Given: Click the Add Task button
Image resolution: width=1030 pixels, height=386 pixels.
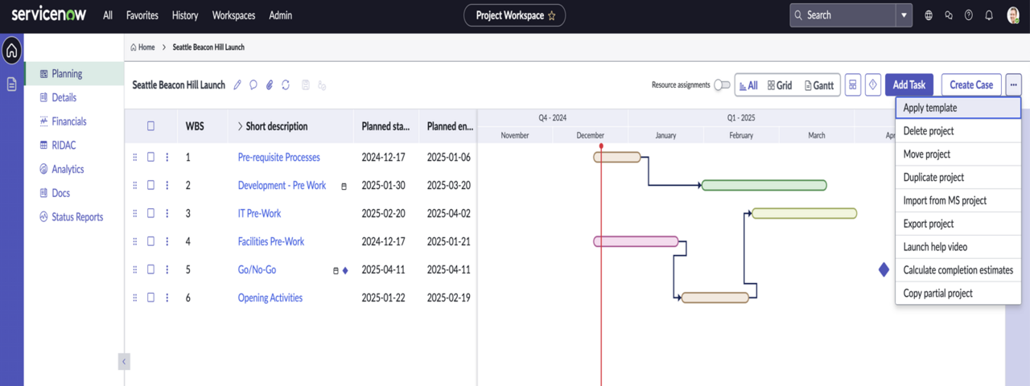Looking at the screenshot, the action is [x=909, y=85].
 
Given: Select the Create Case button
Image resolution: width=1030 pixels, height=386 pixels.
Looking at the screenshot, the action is [x=971, y=85].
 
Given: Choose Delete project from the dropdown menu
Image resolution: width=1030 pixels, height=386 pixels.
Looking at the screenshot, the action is [x=929, y=131].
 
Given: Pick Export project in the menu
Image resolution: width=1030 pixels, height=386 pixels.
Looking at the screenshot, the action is [x=929, y=224].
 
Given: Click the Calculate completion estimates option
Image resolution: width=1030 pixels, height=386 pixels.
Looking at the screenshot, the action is [x=958, y=270].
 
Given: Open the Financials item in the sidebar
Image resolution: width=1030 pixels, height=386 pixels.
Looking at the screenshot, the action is [x=69, y=121].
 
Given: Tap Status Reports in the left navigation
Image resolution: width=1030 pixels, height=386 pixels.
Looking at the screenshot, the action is [x=77, y=217].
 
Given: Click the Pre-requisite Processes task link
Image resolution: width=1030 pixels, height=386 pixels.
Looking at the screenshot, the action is [x=278, y=157].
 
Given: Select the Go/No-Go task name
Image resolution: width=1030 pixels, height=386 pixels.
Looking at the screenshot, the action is [x=257, y=269].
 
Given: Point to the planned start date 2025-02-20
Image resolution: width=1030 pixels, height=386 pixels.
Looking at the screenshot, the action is [x=383, y=213].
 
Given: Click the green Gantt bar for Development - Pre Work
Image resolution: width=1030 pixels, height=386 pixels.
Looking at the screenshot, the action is [x=764, y=185].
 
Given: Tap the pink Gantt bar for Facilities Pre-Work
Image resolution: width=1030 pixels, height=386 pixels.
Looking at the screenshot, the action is [x=636, y=241].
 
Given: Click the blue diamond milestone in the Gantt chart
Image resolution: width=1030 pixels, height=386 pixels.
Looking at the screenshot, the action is [x=884, y=269].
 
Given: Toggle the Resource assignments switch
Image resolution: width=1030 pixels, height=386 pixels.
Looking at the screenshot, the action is [x=722, y=85].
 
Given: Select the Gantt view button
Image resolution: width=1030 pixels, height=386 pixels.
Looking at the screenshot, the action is [x=819, y=85].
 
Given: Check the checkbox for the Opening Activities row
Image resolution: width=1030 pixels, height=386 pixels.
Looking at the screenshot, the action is [x=150, y=298].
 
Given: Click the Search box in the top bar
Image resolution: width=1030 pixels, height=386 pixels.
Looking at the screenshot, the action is [x=843, y=15].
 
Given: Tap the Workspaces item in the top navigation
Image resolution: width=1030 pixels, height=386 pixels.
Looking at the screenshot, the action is [x=233, y=15].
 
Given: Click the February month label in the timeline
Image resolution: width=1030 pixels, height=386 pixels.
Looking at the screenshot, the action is [x=741, y=136].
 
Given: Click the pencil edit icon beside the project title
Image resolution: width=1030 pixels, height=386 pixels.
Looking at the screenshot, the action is [x=237, y=85].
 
